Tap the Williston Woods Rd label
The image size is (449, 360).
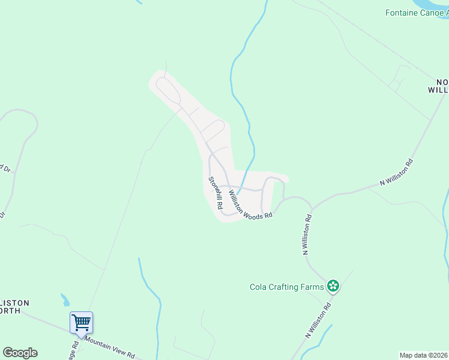pyautogui.click(x=250, y=205)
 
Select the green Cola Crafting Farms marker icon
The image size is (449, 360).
pyautogui.click(x=333, y=287)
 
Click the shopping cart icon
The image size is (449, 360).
pyautogui.click(x=81, y=322)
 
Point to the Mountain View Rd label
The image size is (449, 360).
pyautogui.click(x=110, y=347)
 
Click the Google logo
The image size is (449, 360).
pyautogui.click(x=20, y=353)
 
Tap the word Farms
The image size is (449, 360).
pyautogui.click(x=312, y=287)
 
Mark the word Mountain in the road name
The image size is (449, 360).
pyautogui.click(x=101, y=343)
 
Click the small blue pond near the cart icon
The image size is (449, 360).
pyautogui.click(x=64, y=299)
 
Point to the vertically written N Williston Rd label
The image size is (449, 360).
pyautogui.click(x=307, y=233)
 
